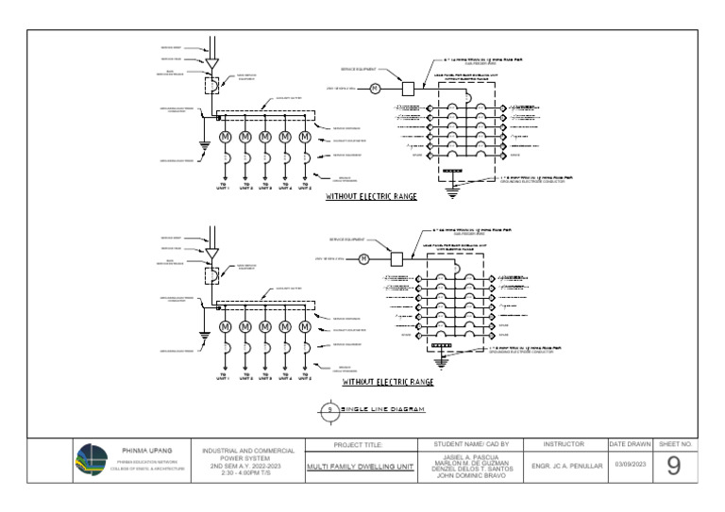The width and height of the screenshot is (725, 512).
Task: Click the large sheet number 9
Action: pos(673,466)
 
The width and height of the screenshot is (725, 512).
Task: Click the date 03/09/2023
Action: pos(630,465)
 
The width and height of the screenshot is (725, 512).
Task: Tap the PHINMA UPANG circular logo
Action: pos(92,461)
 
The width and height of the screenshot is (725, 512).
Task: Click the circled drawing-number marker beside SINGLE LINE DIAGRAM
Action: pos(329,410)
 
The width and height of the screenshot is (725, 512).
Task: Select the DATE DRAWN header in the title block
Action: pos(630,443)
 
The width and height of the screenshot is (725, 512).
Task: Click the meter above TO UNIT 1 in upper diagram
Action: pos(226,138)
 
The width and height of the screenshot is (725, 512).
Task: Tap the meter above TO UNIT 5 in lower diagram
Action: pos(305,327)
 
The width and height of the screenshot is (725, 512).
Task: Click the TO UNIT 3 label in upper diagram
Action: pos(265,186)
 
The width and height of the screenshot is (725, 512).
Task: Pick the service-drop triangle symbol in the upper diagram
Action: pos(211,63)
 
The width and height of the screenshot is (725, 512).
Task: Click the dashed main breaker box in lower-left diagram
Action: pos(211,273)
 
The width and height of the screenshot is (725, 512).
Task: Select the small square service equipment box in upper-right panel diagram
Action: pos(409,89)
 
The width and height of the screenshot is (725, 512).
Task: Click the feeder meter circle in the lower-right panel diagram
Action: pos(362,259)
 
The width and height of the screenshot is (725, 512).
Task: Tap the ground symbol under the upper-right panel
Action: pos(452,191)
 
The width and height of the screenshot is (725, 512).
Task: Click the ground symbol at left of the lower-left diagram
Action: pos(203,336)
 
